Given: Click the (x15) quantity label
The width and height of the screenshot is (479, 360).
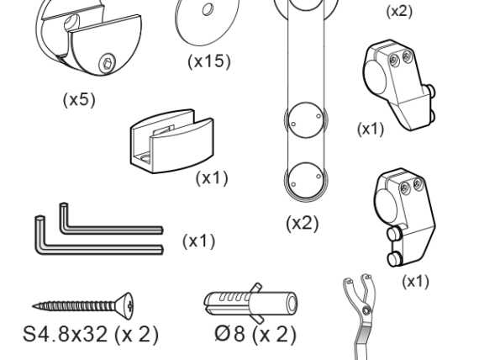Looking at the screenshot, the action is point(209,61).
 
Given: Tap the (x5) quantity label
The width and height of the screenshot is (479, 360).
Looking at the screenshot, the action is point(79,99).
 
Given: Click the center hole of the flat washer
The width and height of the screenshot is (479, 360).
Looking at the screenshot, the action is point(208,9).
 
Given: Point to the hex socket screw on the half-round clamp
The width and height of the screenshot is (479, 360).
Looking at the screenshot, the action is point(108,63).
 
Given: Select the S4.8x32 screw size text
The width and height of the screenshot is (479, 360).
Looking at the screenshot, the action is point(65,334).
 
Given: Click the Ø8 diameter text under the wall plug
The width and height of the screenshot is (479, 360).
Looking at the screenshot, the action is point(229,334).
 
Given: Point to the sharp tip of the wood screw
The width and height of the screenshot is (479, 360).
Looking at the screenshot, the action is point(33,305).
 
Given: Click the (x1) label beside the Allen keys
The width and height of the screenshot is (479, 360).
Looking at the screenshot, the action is point(199,241).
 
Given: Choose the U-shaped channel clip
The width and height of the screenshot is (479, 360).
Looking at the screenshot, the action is point(172,141).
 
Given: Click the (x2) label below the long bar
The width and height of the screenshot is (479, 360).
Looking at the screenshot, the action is point(303,223).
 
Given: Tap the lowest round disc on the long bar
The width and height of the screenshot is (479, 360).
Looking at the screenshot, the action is point(306,181).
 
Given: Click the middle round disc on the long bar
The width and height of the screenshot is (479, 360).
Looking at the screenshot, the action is point(306,120).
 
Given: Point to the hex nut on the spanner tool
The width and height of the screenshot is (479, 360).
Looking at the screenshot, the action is point(366,310).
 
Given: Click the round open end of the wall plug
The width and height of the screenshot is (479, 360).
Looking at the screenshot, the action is point(292,304).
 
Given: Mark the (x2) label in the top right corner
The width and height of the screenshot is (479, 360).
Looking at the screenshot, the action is point(399,12).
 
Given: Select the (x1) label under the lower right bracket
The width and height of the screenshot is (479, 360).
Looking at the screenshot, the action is point(415,282).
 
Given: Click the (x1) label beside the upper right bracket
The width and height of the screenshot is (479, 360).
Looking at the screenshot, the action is point(371,129).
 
